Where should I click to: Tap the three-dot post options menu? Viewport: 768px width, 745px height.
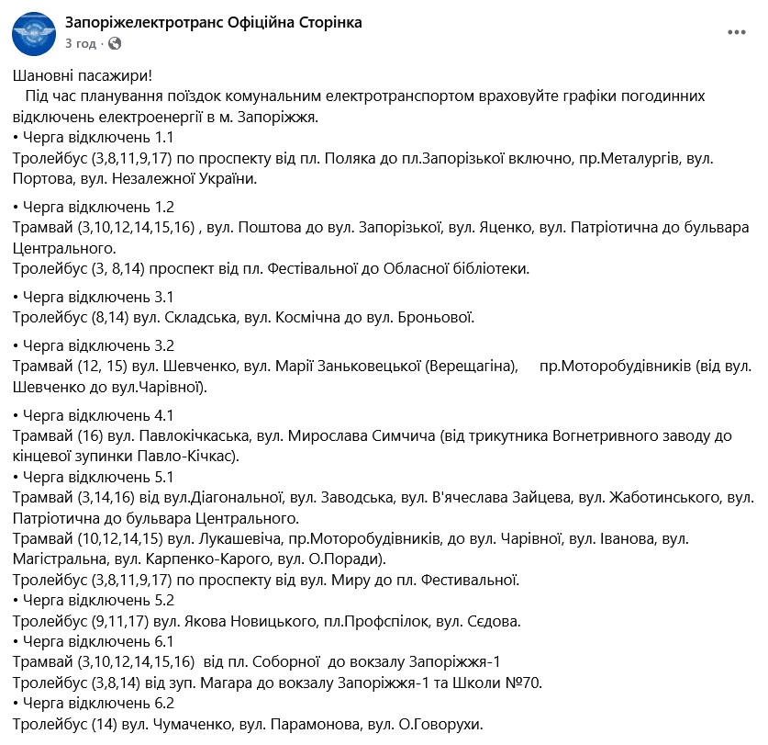737,32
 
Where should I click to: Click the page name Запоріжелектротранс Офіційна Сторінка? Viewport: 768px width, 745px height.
213,22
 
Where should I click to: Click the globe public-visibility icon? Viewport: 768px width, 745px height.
115,43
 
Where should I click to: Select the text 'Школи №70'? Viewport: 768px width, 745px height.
506,683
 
